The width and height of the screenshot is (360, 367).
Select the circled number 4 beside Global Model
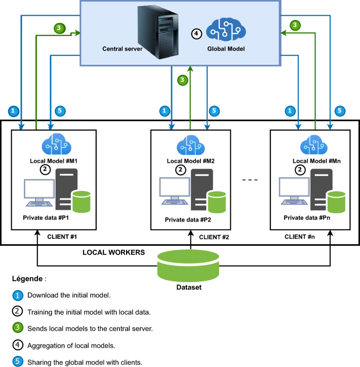(197, 34)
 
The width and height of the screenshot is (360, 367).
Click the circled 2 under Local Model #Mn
(301, 171)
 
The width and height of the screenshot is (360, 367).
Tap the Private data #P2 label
(189, 221)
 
